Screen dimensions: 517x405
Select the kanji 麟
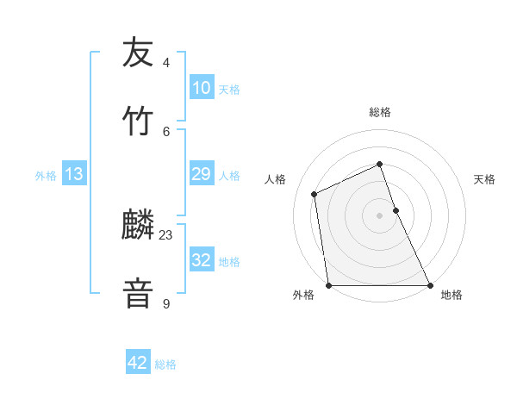point(139,225)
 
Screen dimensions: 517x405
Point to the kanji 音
point(139,291)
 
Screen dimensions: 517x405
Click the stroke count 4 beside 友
point(166,63)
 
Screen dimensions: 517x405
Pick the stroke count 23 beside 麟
point(166,235)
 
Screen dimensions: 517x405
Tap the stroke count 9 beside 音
point(166,303)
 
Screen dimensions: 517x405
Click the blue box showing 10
point(201,88)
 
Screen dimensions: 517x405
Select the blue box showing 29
point(201,174)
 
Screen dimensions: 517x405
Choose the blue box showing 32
point(201,260)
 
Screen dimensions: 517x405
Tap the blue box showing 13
point(74,174)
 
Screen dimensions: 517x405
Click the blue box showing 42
point(138,363)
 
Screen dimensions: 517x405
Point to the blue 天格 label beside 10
point(229,90)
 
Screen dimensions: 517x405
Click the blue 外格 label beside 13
point(46,176)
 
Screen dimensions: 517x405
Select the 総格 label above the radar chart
point(380,112)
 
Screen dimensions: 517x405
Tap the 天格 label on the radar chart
point(485,179)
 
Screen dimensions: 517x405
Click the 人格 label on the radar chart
point(276,179)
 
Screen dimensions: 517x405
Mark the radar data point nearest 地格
point(429,284)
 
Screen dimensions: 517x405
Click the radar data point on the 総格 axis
point(380,164)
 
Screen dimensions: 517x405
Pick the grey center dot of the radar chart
point(380,215)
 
